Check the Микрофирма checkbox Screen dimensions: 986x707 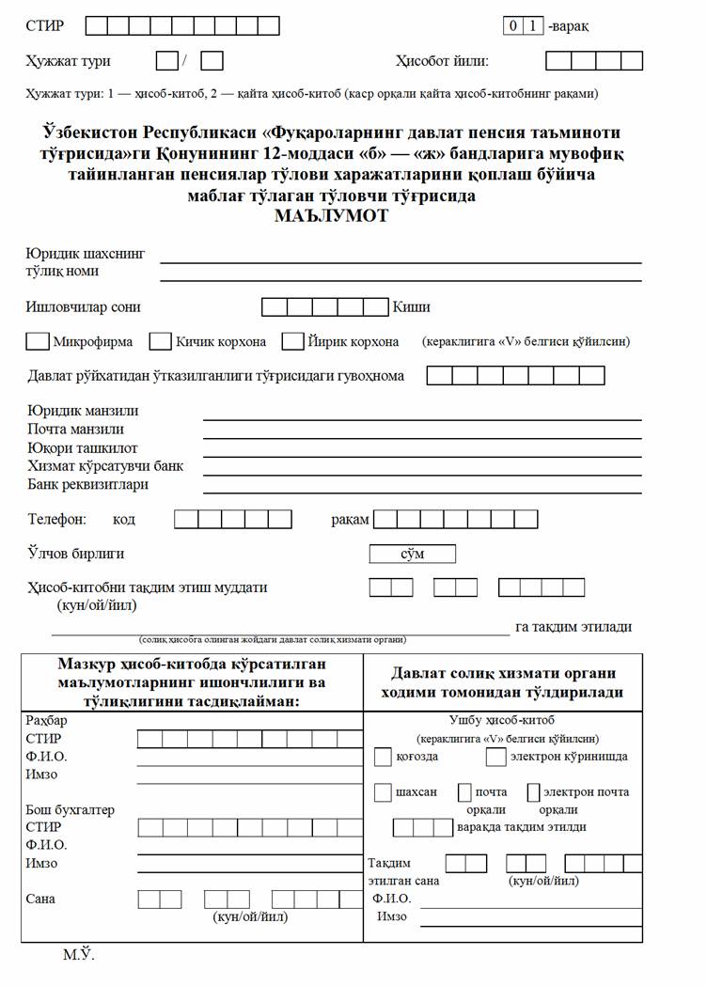(39, 341)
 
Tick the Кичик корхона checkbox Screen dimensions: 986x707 (161, 341)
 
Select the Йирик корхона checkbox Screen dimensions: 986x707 (292, 341)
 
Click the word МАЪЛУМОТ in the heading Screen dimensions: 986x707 (331, 215)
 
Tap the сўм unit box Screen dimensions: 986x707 (413, 555)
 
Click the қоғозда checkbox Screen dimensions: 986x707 (383, 757)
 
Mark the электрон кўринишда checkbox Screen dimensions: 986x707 (495, 757)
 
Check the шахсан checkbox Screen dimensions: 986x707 (383, 792)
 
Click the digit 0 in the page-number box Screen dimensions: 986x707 (513, 26)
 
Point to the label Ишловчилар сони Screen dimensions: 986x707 (84, 307)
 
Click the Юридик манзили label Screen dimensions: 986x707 (83, 411)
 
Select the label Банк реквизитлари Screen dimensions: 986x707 (87, 485)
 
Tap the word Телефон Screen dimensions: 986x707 (57, 519)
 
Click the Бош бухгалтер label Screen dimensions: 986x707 (70, 809)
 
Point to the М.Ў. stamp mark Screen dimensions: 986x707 (79, 956)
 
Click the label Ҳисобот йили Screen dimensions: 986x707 (442, 61)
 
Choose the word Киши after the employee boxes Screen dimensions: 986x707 (412, 307)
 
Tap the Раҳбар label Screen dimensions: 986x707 (47, 720)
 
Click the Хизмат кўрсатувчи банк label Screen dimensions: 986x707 (105, 466)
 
